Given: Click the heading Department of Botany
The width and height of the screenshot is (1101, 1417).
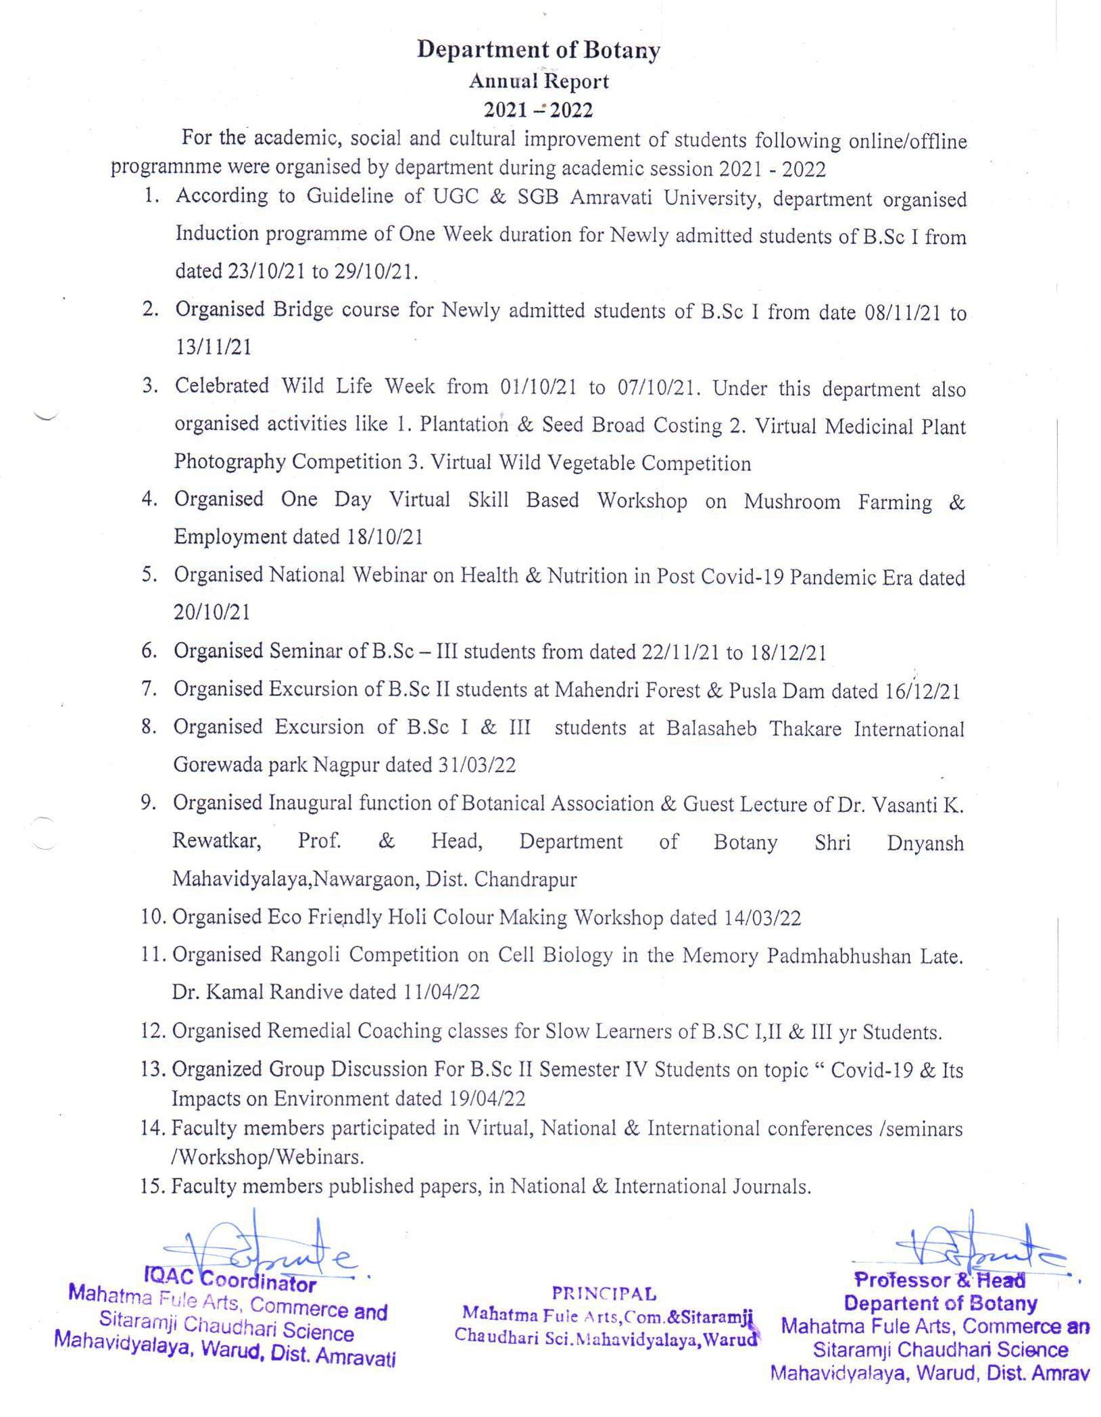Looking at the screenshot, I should coord(538,50).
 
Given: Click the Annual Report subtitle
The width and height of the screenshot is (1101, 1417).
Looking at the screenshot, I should coord(539,82).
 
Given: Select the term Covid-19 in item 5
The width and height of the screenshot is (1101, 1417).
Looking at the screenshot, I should coord(743,576).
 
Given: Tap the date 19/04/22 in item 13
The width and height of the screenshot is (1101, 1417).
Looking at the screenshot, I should coord(487,1099).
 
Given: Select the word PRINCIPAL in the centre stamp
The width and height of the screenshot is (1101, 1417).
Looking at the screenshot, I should coord(604,1294).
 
